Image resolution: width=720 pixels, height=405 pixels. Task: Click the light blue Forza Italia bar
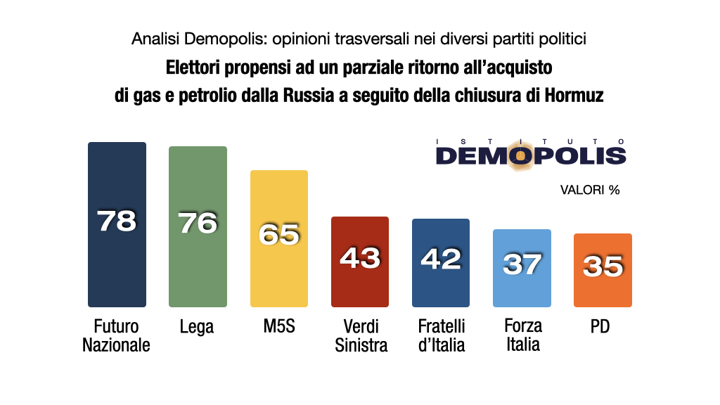(522, 288)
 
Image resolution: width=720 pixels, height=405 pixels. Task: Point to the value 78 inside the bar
(117, 221)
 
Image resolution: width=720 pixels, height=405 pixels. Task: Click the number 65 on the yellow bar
(279, 234)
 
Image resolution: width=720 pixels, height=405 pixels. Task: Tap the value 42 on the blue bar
(441, 259)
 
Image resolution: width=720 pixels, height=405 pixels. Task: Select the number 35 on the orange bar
(603, 266)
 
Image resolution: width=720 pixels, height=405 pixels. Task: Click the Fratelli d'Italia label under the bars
(442, 335)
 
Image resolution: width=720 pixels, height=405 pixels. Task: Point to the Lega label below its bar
(197, 327)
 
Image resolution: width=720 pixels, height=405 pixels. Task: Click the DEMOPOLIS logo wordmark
(531, 155)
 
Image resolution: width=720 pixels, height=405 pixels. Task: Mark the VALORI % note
(589, 190)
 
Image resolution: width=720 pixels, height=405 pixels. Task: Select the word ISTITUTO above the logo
(531, 140)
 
